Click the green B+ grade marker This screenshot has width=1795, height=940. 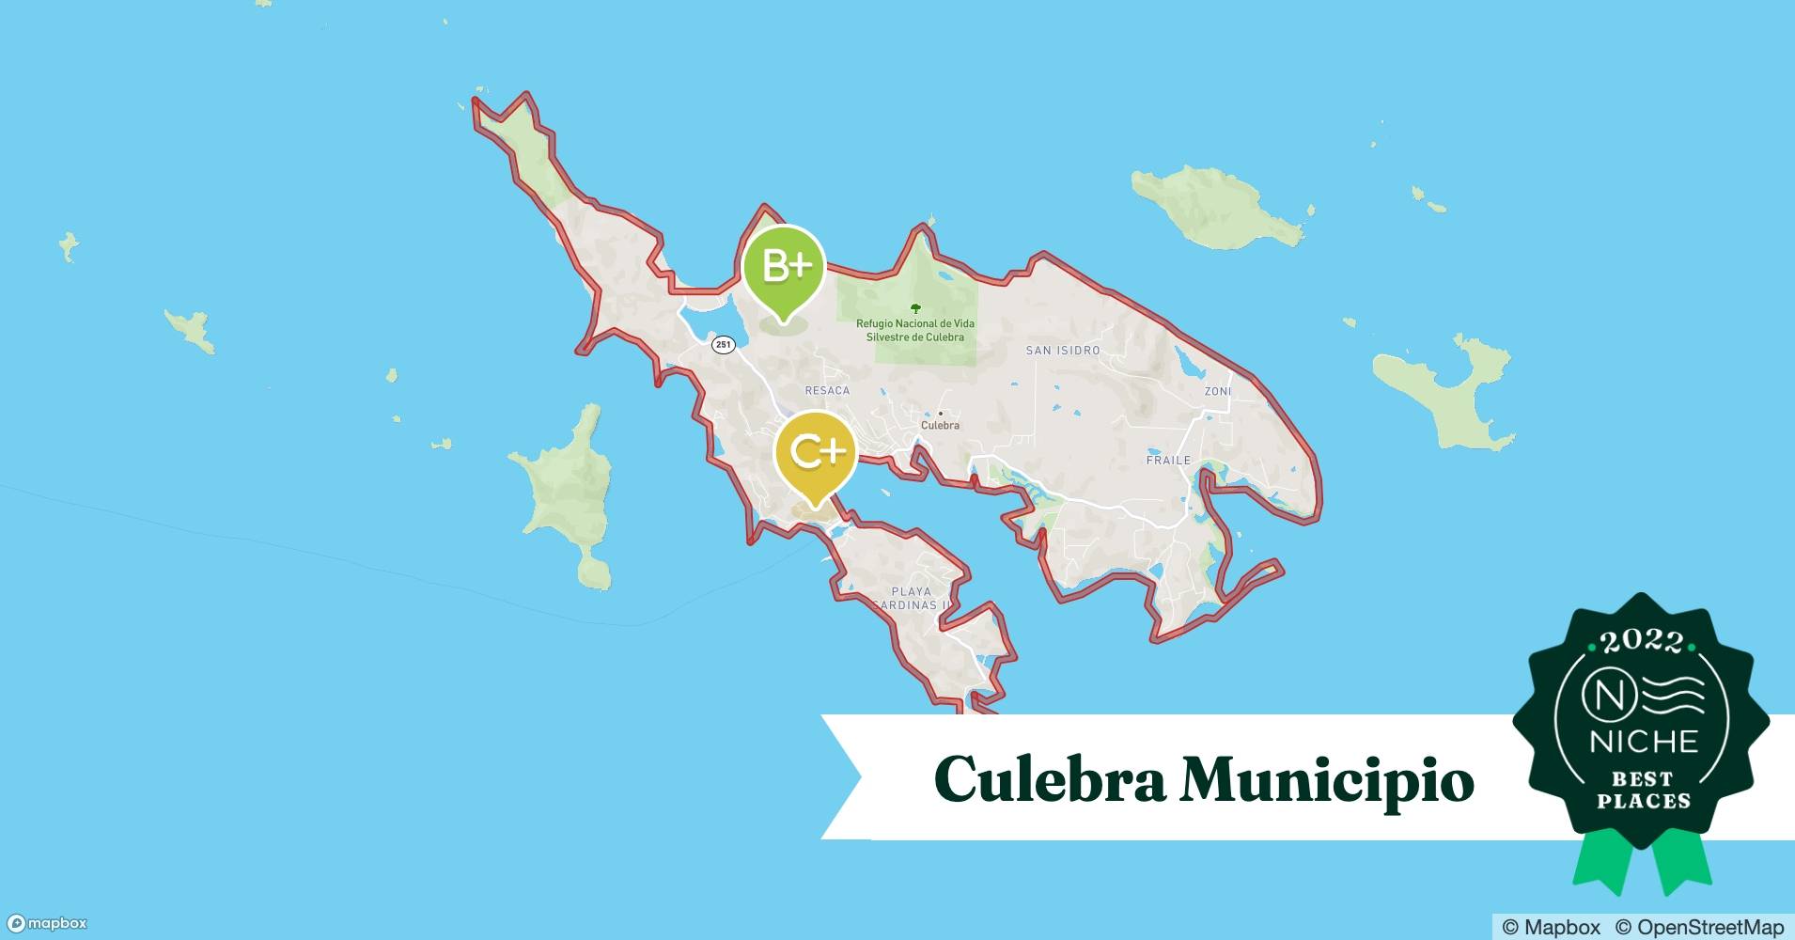[x=784, y=268]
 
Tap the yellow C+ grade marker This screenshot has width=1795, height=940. [x=815, y=453]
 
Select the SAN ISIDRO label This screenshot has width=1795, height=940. [x=1062, y=351]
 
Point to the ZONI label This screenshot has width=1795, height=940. [x=1217, y=391]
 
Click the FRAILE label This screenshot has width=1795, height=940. [x=1168, y=460]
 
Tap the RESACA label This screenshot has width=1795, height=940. [x=827, y=390]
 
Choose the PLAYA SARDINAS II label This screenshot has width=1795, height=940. [x=911, y=599]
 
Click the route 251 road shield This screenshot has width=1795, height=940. [x=723, y=345]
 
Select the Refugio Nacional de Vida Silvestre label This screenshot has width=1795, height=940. [x=914, y=330]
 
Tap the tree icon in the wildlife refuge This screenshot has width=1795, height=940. [x=915, y=308]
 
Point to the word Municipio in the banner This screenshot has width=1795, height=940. [x=1326, y=779]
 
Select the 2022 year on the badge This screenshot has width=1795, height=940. [x=1642, y=642]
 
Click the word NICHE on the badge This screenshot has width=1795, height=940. [x=1643, y=743]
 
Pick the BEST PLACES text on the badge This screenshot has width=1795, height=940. [x=1643, y=791]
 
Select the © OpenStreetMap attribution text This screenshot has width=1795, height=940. [x=1699, y=927]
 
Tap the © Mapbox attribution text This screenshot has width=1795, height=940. [x=1552, y=927]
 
